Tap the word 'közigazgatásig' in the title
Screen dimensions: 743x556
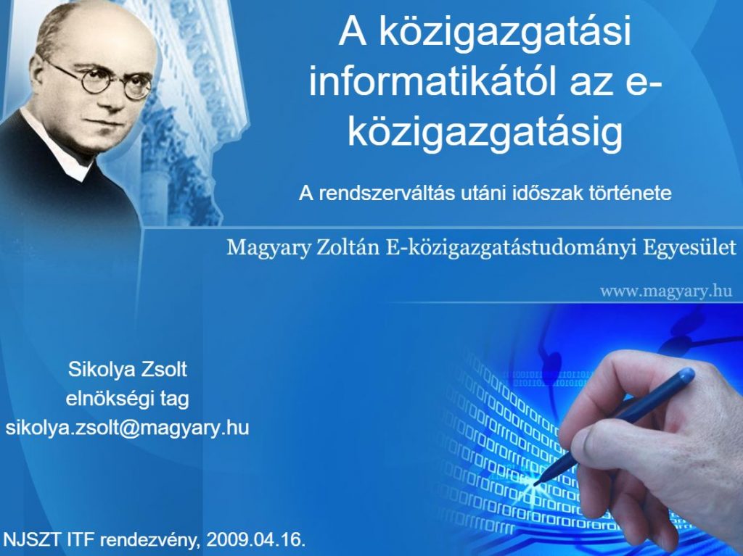coord(485,132)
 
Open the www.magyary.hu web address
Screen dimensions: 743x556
coord(666,290)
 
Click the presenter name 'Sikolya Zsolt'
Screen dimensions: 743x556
coord(128,370)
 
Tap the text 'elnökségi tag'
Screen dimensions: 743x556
coord(128,399)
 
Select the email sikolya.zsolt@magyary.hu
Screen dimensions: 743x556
coord(127,428)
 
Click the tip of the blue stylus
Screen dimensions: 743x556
coord(536,484)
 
